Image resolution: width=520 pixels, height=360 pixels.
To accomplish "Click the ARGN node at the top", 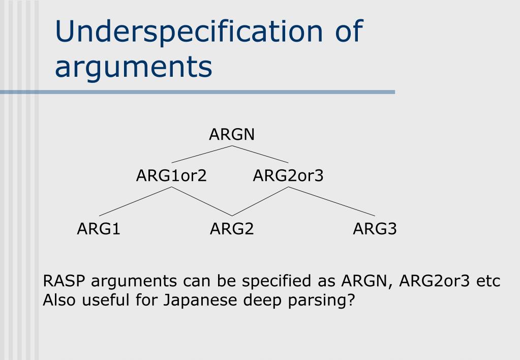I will pyautogui.click(x=232, y=135).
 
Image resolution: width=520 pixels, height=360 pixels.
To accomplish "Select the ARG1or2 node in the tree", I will pyautogui.click(x=171, y=176).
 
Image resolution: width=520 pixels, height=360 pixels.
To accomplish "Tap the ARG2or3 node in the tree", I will pyautogui.click(x=288, y=176).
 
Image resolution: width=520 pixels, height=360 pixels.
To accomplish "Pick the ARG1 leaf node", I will pyautogui.click(x=99, y=229).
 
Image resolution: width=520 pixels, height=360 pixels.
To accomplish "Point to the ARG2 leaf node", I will pyautogui.click(x=232, y=229).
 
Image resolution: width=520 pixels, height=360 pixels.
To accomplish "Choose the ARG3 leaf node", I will pyautogui.click(x=375, y=229).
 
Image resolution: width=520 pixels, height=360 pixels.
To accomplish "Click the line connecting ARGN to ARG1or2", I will pyautogui.click(x=202, y=154).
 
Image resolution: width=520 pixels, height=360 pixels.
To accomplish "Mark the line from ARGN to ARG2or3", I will pyautogui.click(x=260, y=154).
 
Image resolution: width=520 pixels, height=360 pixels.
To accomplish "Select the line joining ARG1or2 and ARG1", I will pyautogui.click(x=135, y=201).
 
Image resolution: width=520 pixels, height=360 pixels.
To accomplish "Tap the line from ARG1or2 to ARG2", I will pyautogui.click(x=202, y=201).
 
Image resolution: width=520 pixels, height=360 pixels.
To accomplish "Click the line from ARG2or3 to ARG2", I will pyautogui.click(x=260, y=201).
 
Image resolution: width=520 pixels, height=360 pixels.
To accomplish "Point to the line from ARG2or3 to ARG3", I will pyautogui.click(x=332, y=201).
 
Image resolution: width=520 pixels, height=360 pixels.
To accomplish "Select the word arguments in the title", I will pyautogui.click(x=133, y=66).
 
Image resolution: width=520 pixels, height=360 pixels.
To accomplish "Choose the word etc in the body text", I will pyautogui.click(x=488, y=281).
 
